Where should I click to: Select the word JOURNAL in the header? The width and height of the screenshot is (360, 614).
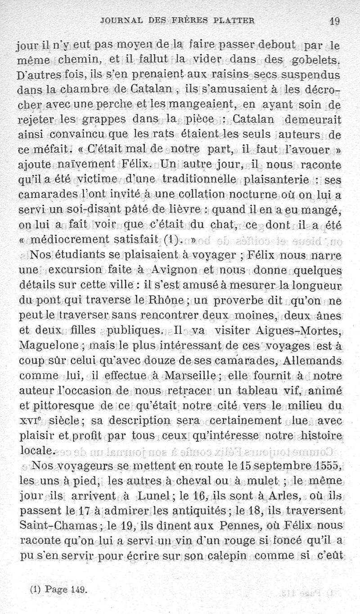[x=122, y=20]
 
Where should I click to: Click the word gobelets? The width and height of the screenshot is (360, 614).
[x=317, y=60]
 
